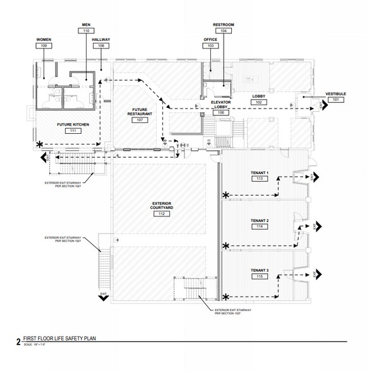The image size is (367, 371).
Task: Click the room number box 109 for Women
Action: coord(43,46)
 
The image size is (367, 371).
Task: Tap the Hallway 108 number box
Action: coord(101,46)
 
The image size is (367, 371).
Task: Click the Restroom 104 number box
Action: coord(224,30)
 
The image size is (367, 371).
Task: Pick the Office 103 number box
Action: coord(211,46)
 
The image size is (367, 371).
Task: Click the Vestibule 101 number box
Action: coord(336,100)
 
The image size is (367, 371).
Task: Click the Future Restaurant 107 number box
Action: coord(140,120)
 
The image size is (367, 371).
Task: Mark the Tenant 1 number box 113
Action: coord(258,179)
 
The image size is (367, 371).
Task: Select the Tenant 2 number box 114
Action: coord(258,226)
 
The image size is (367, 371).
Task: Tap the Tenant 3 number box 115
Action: coord(258,276)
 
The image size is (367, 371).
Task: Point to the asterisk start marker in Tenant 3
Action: coord(227,295)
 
